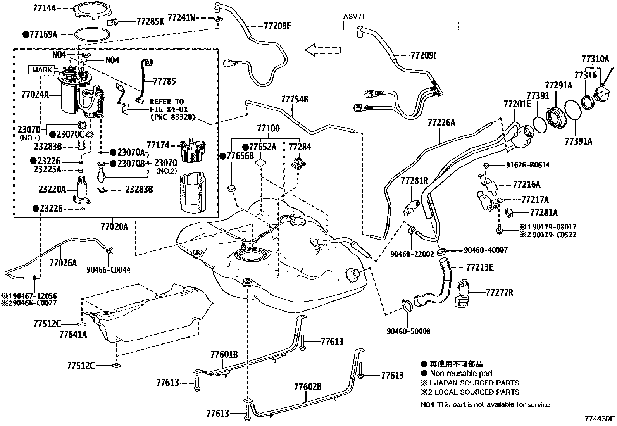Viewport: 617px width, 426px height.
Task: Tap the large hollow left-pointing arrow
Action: coord(322,50)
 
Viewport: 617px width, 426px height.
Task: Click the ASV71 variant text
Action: coord(354,17)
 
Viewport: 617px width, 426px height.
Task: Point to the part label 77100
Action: coord(268,128)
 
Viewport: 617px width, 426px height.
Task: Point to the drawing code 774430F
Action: coord(600,419)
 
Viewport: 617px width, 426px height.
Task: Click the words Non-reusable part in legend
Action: coord(461,373)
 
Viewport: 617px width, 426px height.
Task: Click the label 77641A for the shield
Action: coord(73,334)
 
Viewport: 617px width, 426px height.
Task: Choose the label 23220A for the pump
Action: coord(52,190)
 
